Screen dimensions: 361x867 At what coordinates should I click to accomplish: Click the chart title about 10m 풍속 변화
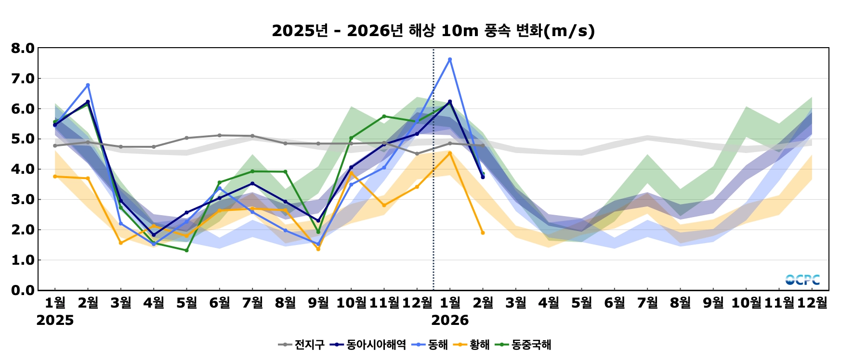tap(433, 31)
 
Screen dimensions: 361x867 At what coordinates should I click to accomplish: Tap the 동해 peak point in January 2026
tap(450, 60)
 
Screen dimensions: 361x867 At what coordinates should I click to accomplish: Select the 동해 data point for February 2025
tap(88, 85)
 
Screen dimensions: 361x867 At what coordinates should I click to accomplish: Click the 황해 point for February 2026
tap(483, 233)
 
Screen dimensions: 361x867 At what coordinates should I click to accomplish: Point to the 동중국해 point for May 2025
tap(186, 250)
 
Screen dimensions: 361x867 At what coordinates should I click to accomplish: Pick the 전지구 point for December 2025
tap(417, 154)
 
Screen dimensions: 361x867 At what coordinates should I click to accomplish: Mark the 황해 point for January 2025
tap(55, 177)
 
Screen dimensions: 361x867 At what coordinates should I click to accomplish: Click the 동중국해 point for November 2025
tap(384, 116)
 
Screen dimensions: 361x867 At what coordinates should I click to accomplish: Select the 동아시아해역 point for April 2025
tap(154, 235)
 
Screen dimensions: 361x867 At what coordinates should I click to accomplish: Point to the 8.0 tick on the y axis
tap(23, 48)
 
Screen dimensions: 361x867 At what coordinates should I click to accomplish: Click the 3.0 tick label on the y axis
tap(23, 199)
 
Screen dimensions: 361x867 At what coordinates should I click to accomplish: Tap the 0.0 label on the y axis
tap(23, 290)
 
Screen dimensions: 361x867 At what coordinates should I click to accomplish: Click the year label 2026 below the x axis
tap(450, 321)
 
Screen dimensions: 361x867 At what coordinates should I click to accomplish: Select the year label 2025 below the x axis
tap(55, 321)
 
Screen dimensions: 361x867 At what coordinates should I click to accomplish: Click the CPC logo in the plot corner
tap(802, 280)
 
